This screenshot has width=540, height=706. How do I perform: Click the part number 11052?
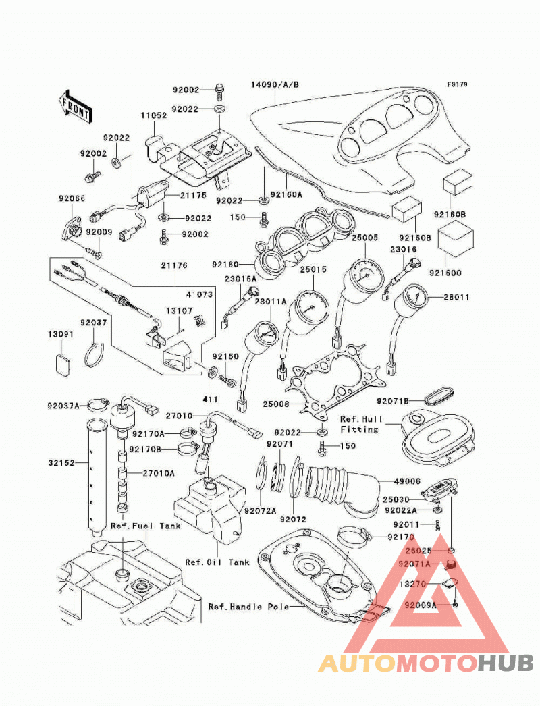[x=154, y=115]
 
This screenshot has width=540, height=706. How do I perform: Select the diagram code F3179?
[x=457, y=84]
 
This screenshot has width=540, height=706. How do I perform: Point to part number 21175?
[x=193, y=196]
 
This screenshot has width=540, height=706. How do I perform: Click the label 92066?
[x=72, y=198]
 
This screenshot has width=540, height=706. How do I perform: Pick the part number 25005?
[x=364, y=238]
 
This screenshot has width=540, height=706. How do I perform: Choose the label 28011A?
[x=271, y=302]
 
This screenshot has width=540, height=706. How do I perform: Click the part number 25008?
[x=276, y=404]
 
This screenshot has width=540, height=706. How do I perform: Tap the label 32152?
[x=61, y=463]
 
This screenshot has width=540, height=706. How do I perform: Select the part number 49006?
[x=407, y=481]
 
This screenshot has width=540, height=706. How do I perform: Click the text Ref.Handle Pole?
[x=248, y=607]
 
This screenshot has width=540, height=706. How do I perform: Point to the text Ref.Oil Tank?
[x=217, y=562]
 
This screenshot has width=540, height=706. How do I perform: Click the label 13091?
[x=61, y=335]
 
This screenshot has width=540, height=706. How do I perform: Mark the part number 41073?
[x=199, y=294]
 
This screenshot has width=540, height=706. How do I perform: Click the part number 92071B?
[x=393, y=401]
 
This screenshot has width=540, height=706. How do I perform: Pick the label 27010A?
[x=159, y=473]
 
